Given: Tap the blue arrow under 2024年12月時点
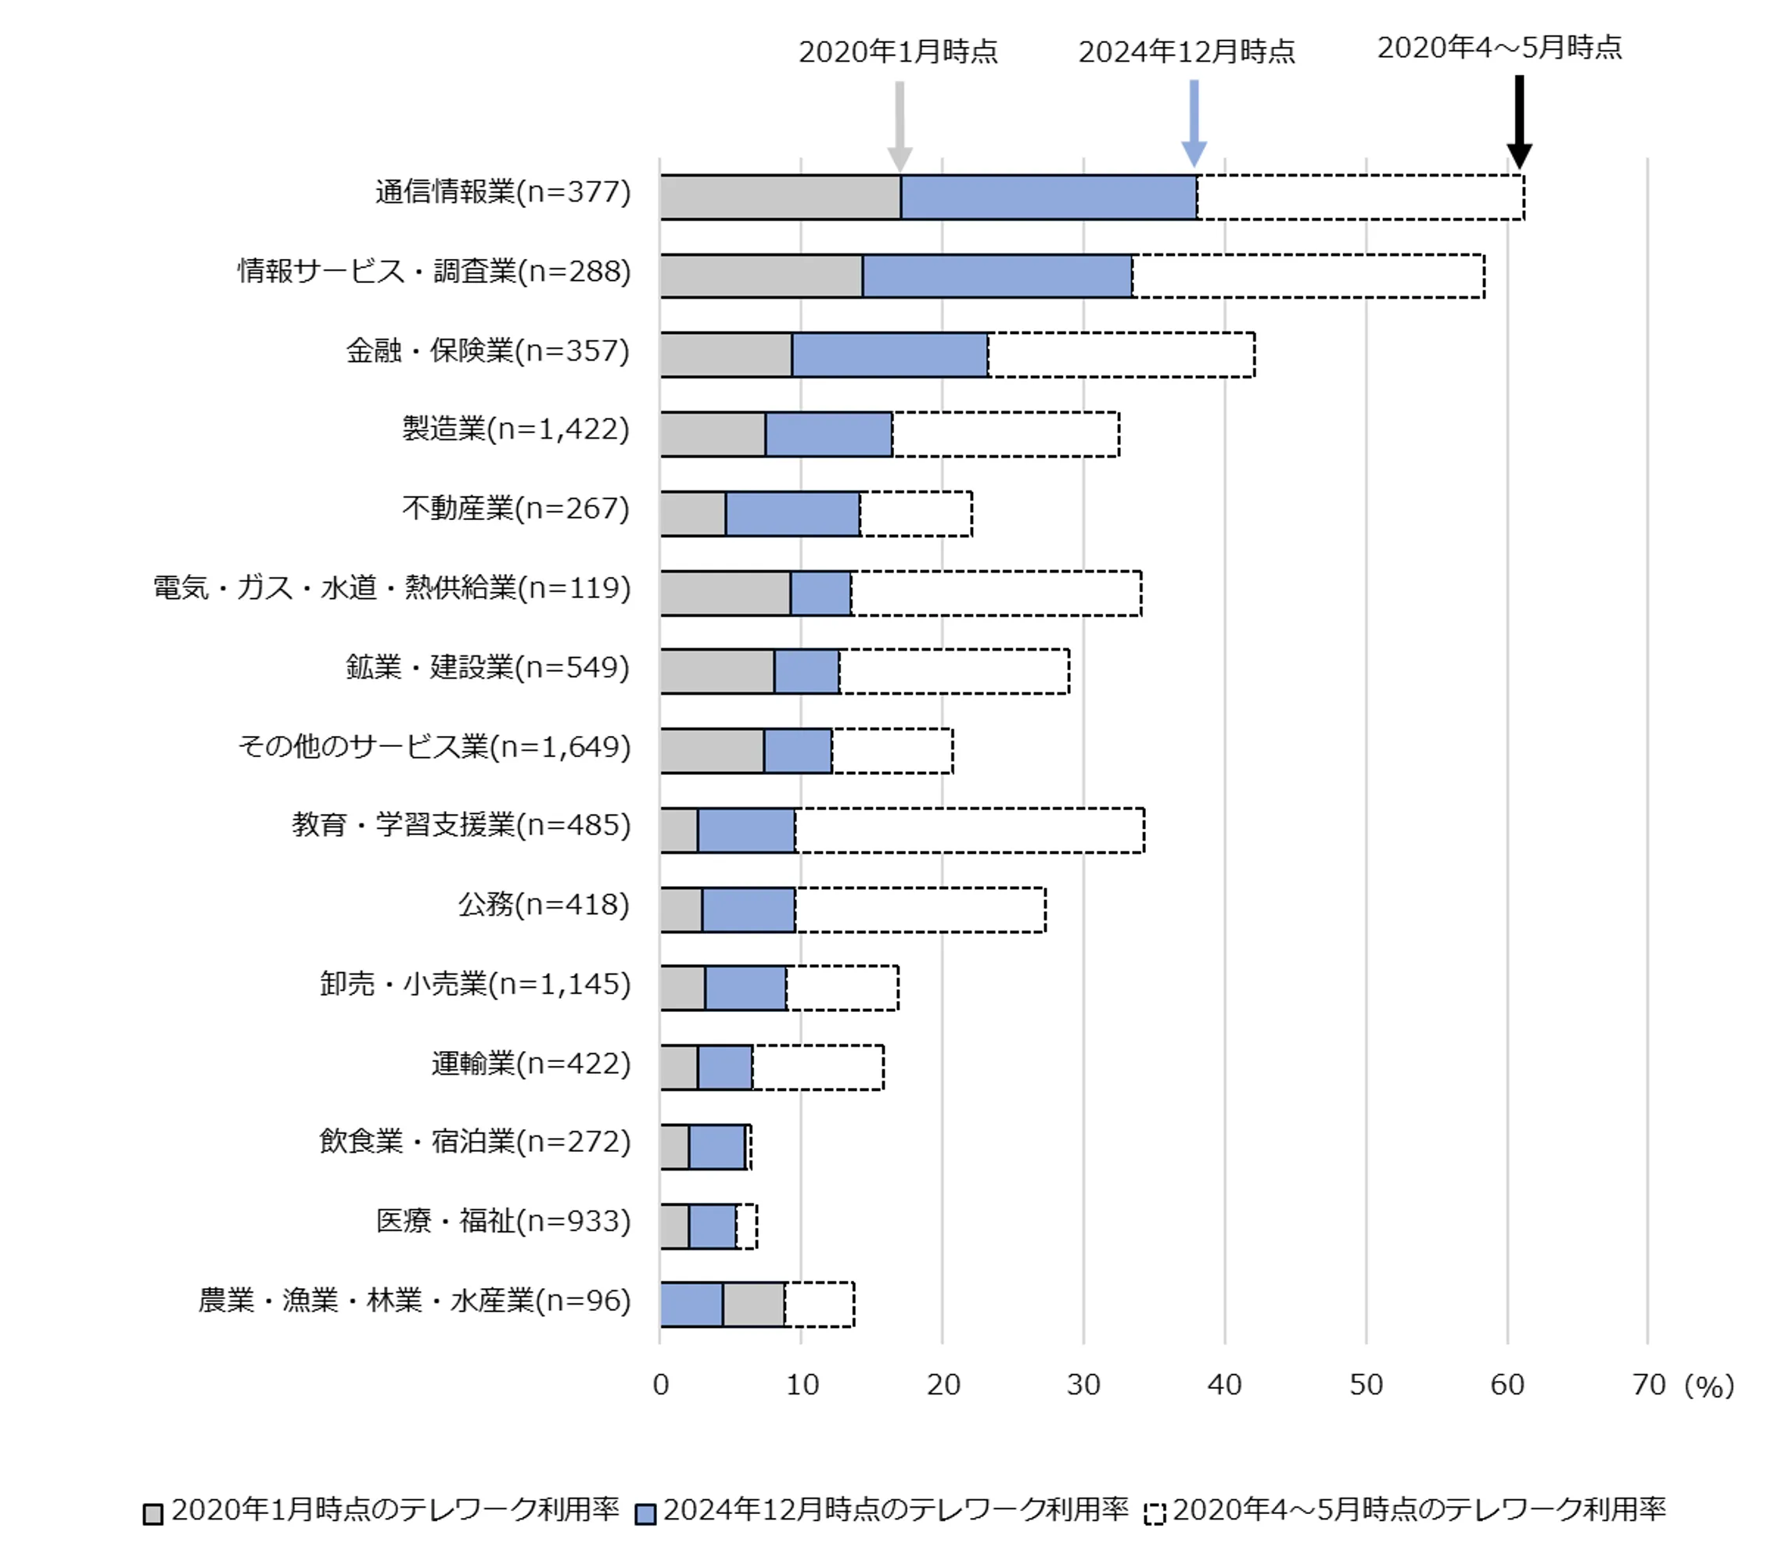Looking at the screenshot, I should point(1194,123).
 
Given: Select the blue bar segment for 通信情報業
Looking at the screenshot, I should point(1048,197).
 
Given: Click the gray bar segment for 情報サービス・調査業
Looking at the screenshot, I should point(761,275).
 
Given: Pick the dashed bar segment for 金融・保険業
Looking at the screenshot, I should point(1121,354).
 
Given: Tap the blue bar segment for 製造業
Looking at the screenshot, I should point(828,434).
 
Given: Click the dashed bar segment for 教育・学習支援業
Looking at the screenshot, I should point(969,830).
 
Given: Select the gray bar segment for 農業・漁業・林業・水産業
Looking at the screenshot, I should point(753,1304).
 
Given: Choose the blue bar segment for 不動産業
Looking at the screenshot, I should point(792,513).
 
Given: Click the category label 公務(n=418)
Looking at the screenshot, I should point(544,904).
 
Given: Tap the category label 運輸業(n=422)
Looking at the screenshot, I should point(530,1063).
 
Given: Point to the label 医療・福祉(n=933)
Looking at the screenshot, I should point(503,1221).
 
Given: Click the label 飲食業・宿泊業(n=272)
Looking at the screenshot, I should point(474,1141).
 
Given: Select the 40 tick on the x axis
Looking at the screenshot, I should point(1224,1384).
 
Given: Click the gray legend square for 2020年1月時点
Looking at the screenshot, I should point(153,1514).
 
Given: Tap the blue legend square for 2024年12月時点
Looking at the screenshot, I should point(646,1514).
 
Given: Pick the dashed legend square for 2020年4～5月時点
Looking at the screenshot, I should point(1155,1514).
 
